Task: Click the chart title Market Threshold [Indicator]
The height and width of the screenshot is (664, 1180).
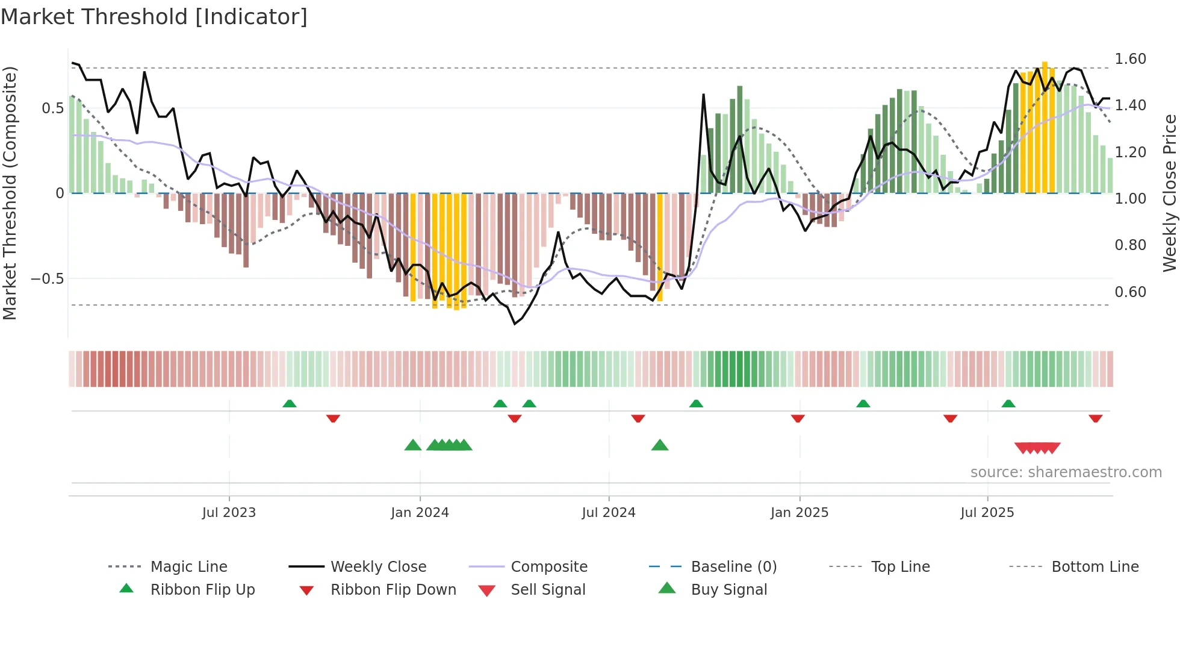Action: (154, 17)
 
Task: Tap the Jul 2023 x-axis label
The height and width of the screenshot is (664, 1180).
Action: (229, 513)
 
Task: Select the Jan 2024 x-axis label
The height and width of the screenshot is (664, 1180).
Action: (420, 513)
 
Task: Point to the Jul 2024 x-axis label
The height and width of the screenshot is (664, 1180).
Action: (609, 513)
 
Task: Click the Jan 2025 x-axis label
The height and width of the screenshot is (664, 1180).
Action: (800, 513)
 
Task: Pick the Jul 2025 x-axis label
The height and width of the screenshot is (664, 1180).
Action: (987, 513)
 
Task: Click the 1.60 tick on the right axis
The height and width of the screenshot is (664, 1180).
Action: (1130, 59)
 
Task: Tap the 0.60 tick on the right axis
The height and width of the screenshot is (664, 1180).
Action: (1130, 292)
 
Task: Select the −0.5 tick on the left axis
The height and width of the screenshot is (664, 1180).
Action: (47, 279)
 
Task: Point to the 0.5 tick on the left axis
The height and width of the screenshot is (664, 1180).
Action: (52, 108)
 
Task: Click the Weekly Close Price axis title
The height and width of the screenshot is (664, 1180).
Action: (1169, 193)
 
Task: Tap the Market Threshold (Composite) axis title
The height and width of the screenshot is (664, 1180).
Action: (10, 193)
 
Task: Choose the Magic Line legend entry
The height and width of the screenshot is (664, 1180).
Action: (188, 567)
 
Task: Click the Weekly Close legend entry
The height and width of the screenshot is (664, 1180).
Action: (378, 567)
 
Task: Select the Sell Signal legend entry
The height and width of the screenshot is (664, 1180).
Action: (548, 590)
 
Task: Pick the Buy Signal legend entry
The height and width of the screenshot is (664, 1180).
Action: (728, 590)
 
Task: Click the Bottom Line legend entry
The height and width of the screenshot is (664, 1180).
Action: (1095, 567)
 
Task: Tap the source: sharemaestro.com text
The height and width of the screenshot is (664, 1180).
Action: (1066, 472)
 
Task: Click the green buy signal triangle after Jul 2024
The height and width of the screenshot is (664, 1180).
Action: (660, 446)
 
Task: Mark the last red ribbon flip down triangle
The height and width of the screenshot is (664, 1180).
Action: (1095, 418)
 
